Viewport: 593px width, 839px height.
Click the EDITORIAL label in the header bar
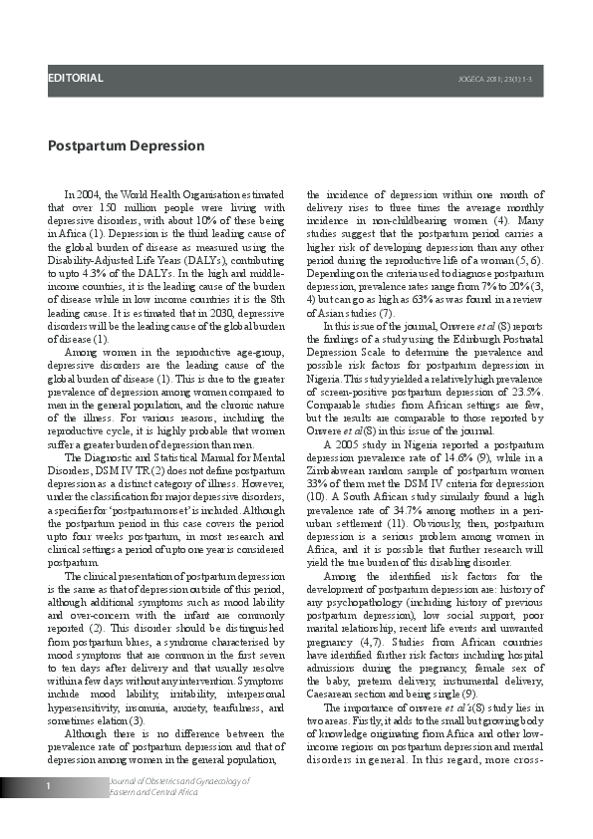coord(76,78)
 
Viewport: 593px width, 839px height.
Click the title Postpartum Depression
coord(126,146)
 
